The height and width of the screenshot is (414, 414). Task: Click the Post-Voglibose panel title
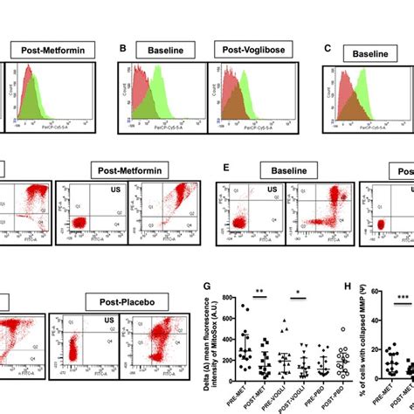point(253,54)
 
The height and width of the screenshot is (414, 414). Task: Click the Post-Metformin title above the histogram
point(49,54)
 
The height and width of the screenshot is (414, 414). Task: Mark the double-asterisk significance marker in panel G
point(260,291)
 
